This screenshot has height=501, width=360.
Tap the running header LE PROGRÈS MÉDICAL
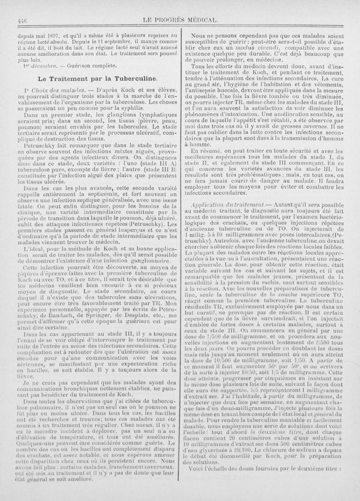[x=180, y=20]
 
